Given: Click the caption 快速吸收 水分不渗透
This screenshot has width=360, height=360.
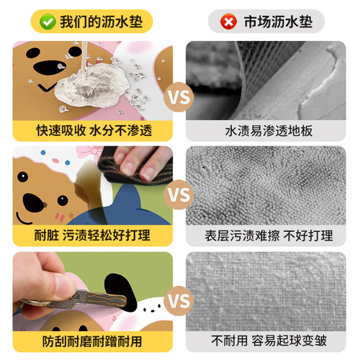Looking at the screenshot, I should tap(94, 130).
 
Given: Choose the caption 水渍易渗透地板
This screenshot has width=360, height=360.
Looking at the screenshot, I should tap(269, 130).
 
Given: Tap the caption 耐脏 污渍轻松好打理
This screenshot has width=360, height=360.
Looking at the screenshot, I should tap(94, 235).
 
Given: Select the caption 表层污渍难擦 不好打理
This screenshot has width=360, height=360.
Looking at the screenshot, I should tap(269, 235).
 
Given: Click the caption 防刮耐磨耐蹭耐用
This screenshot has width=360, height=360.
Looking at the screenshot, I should tap(94, 339).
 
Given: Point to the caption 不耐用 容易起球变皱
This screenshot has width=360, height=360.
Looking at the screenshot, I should tap(269, 339).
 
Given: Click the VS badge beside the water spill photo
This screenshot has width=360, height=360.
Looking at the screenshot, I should tap(179, 94).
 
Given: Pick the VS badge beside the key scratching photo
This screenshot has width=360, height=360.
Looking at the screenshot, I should tap(179, 300).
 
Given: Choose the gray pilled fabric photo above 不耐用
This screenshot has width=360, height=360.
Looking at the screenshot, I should tap(269, 288).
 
